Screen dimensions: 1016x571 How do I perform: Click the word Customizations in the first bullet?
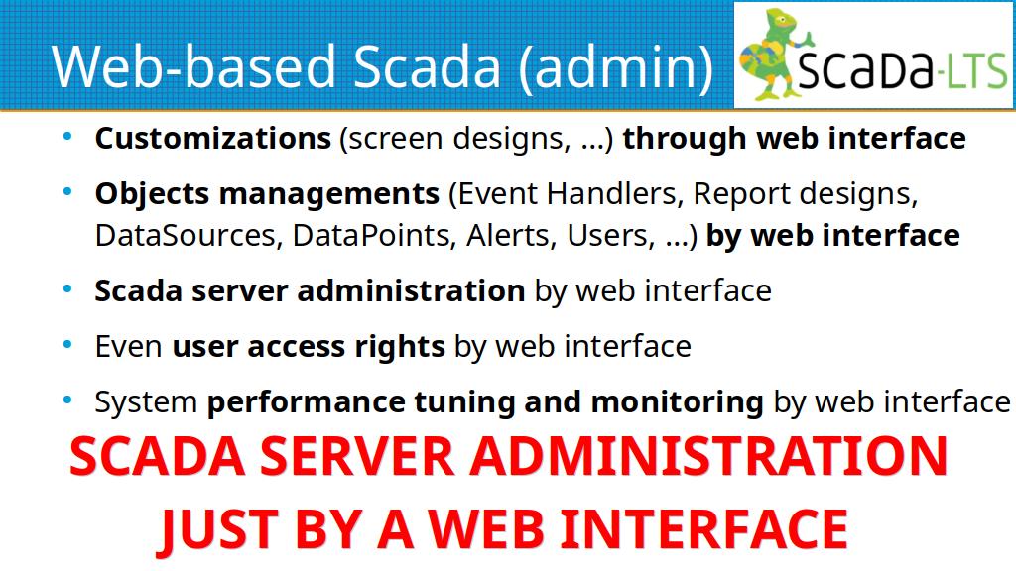tap(213, 138)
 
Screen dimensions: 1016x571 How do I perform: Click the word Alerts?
tap(512, 236)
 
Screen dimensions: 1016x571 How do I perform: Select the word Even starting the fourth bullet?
tap(128, 347)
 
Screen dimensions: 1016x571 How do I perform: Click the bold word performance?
tap(306, 402)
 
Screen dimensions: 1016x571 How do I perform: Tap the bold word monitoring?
tap(677, 402)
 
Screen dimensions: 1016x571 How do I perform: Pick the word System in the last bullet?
tap(146, 402)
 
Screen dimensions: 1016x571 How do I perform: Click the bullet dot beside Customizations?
tap(68, 137)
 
